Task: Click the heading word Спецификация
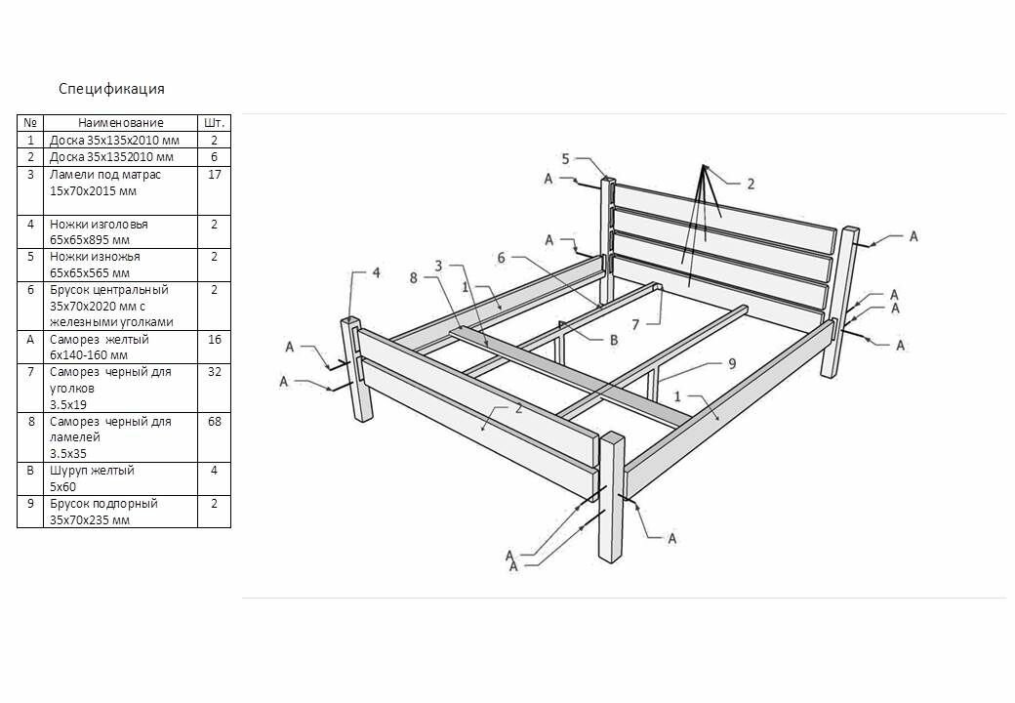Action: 111,89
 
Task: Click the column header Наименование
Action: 121,123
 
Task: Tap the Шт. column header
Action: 214,123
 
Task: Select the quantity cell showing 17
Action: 214,175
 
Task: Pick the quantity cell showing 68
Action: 214,422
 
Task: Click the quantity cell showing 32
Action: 214,371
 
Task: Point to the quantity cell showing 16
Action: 214,339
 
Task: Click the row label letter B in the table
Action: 30,471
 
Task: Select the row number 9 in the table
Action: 30,504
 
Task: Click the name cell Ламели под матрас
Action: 105,175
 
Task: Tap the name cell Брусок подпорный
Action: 103,504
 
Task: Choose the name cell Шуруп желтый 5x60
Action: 92,478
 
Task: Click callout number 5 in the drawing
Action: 565,158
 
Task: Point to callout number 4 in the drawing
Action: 376,272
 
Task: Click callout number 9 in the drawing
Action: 731,362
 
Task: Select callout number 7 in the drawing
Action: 662,323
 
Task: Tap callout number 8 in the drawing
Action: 414,277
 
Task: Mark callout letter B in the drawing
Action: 613,340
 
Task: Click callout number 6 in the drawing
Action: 501,258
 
